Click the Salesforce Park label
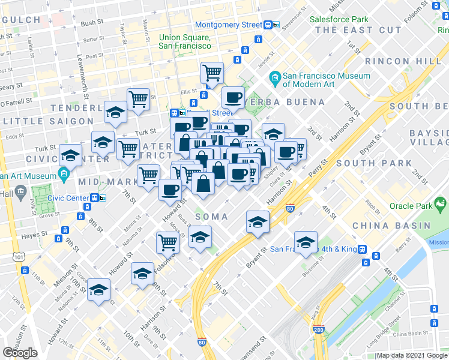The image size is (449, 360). [339, 19]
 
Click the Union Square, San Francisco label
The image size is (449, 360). [185, 41]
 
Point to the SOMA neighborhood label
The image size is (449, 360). [211, 216]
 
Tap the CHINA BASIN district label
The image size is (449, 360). [391, 226]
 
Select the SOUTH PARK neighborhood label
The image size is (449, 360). [365, 163]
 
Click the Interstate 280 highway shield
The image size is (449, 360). [318, 331]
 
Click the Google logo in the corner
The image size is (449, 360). [20, 353]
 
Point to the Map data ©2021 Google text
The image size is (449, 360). [412, 356]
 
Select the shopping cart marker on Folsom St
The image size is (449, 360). [167, 242]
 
